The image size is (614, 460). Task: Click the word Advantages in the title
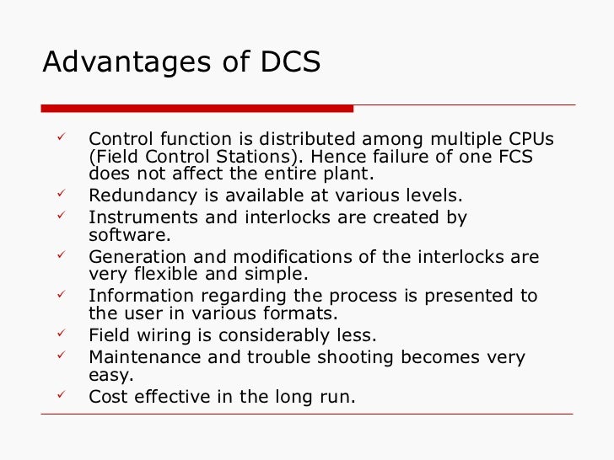(110, 63)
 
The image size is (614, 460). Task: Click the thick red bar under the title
(197, 108)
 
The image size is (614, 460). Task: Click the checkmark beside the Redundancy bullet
(60, 195)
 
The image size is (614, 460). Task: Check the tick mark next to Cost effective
(60, 393)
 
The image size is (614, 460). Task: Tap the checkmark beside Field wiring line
(60, 334)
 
